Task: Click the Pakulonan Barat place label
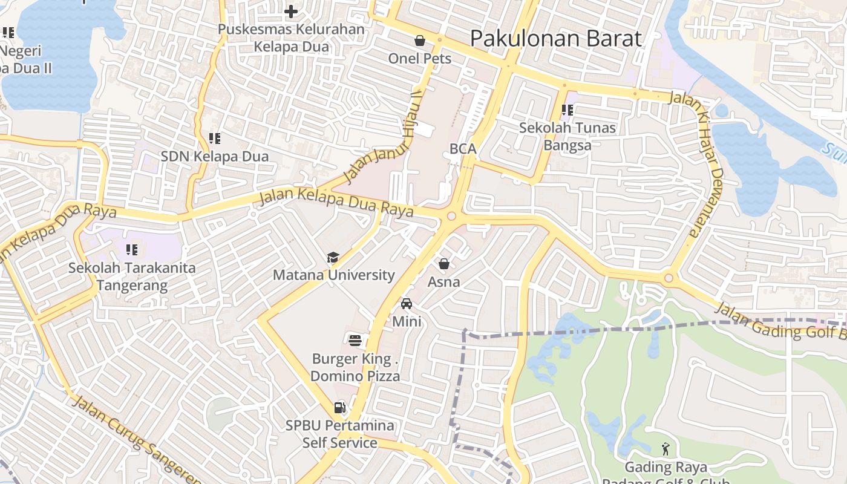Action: pos(555,39)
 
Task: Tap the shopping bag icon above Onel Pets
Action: pos(420,41)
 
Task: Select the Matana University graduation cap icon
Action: pos(333,258)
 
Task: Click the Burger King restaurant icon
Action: pos(355,340)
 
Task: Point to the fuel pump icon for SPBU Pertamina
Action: pos(340,408)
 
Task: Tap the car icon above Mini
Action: pos(407,303)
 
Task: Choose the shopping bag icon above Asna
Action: pos(444,264)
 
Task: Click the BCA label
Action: pos(463,149)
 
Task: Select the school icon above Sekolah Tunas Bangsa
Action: pos(567,110)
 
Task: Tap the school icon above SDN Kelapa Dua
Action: pos(214,139)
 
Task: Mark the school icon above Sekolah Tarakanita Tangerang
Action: pos(132,249)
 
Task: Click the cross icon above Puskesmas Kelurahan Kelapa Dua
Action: pos(291,11)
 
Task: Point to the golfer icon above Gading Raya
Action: pos(666,449)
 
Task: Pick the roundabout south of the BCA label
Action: pos(451,216)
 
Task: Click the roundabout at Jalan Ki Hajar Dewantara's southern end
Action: pos(669,279)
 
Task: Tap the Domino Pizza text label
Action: pos(355,376)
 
